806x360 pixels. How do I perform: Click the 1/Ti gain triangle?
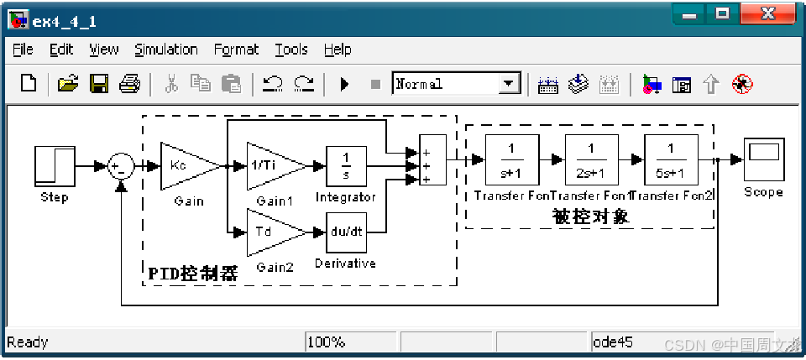point(270,166)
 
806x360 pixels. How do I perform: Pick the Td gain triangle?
point(270,232)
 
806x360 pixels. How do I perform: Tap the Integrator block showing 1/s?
point(345,166)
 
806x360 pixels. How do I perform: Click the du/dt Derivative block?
point(345,232)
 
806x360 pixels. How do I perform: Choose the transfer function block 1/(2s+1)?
point(591,159)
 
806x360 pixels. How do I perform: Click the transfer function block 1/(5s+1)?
point(671,159)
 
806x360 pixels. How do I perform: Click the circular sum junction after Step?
point(121,166)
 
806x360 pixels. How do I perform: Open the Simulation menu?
point(165,50)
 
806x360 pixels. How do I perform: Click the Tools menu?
point(290,50)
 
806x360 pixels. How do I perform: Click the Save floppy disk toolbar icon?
point(98,84)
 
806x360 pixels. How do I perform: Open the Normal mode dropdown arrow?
point(509,84)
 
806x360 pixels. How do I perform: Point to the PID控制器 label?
point(192,274)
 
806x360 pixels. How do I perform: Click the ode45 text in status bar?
point(613,342)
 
